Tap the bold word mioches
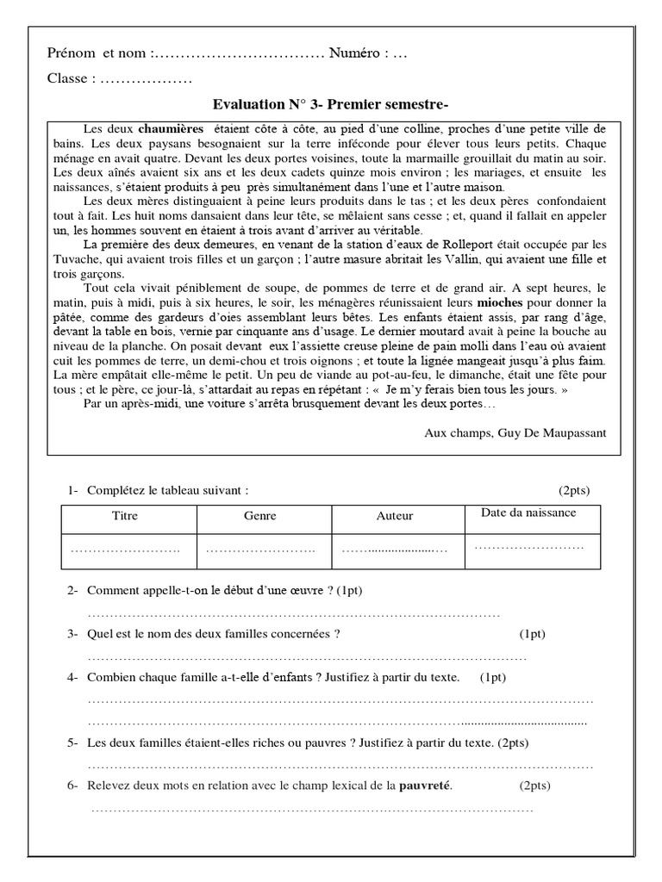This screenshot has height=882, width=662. [500, 303]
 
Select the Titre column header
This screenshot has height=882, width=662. [126, 516]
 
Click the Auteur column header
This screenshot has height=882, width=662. [395, 516]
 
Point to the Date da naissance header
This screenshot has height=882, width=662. [528, 512]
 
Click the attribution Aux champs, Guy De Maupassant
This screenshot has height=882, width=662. [515, 432]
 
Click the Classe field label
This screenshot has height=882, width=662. [72, 79]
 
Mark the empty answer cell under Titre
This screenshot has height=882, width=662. [126, 550]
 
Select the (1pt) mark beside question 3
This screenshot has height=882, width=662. [532, 634]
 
